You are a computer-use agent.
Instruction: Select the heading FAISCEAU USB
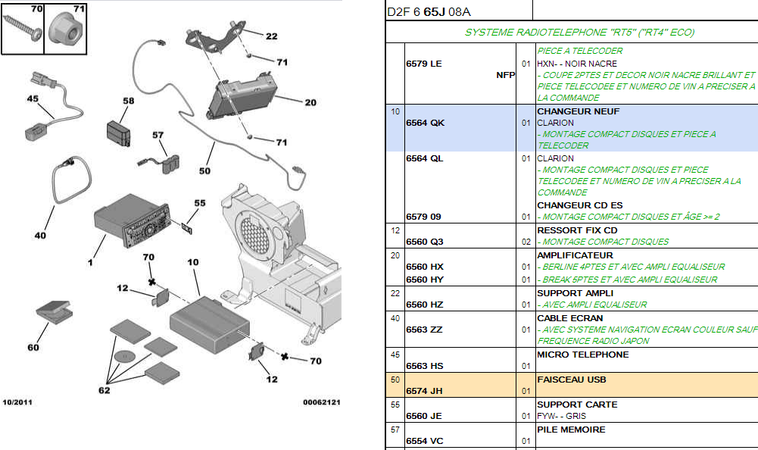pos(571,380)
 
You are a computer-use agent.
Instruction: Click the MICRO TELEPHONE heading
pos(582,355)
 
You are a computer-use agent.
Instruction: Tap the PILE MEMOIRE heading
pos(571,430)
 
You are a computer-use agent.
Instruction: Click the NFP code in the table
pos(505,75)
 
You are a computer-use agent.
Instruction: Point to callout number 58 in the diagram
pos(128,101)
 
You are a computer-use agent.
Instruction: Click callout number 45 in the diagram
pos(33,98)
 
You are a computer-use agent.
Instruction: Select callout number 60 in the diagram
pos(33,348)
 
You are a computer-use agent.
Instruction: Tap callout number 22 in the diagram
pos(271,36)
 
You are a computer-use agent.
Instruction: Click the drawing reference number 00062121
pos(322,402)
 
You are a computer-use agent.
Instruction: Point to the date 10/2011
pos(17,402)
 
